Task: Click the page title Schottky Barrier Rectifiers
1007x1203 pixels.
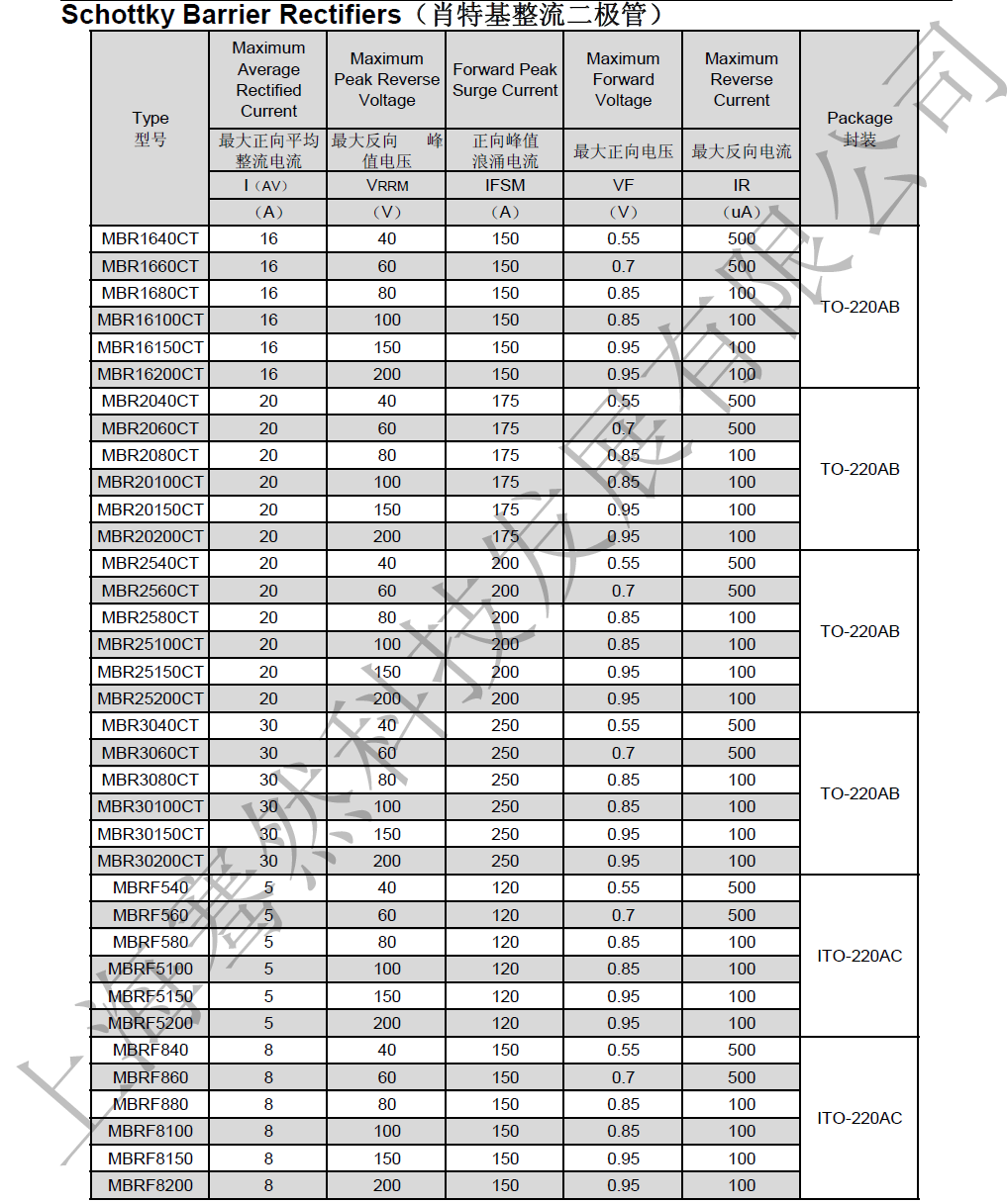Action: pos(231,15)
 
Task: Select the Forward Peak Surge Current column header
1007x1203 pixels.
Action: pos(505,80)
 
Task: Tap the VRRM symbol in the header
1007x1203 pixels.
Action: pos(387,185)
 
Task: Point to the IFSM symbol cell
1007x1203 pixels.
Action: pos(505,185)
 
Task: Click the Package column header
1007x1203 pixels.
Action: pos(859,128)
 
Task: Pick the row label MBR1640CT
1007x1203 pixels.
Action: pos(151,238)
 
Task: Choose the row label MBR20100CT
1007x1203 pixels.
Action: pos(151,482)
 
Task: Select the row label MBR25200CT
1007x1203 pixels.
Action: pos(151,698)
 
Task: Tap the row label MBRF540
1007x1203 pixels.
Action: pos(151,887)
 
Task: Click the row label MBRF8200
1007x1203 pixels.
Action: pos(151,1185)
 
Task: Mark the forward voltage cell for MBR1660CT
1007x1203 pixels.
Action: pos(623,266)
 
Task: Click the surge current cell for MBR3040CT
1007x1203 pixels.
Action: pos(505,725)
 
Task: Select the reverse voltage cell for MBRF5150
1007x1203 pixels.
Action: pos(387,996)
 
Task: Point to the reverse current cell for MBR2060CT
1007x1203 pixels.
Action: pos(742,428)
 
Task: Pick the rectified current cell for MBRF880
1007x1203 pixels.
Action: pos(268,1104)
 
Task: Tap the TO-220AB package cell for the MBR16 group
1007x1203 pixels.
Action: pos(859,307)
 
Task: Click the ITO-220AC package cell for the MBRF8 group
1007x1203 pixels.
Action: pos(859,1118)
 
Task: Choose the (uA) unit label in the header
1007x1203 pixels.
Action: pos(742,212)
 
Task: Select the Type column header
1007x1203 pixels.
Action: pos(151,128)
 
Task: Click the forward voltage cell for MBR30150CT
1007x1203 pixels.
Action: pos(623,834)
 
